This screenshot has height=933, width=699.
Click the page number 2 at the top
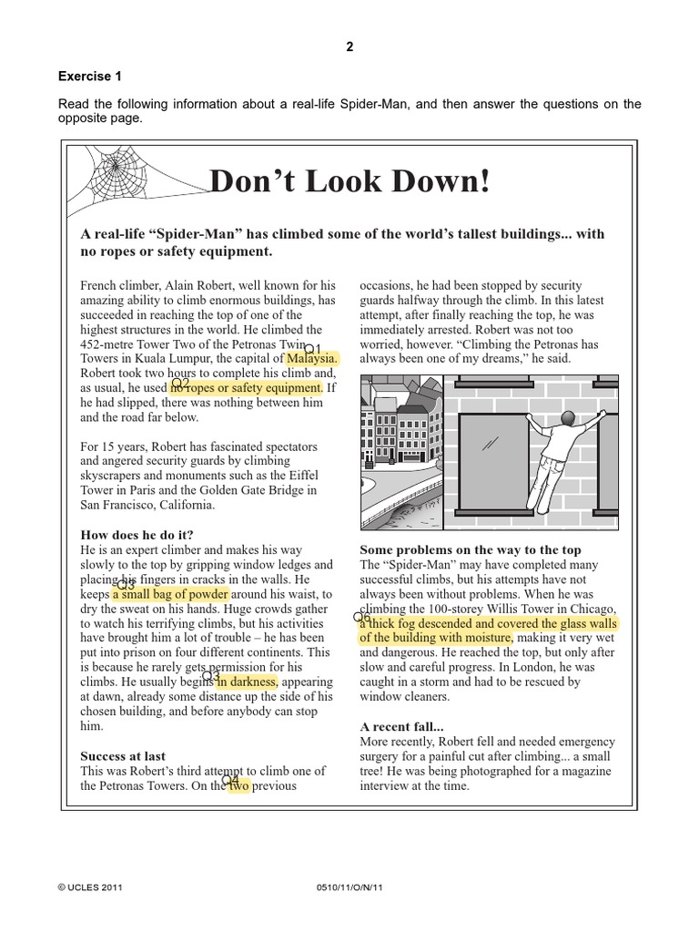[x=349, y=47]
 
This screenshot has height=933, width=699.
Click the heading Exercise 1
[x=90, y=77]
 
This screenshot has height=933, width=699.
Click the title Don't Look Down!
[x=349, y=181]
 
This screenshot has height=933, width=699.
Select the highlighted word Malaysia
[x=312, y=359]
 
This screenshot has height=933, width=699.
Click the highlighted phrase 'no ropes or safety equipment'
[x=247, y=388]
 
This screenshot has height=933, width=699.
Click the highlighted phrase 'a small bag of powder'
[x=171, y=594]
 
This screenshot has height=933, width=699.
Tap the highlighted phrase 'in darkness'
[x=247, y=682]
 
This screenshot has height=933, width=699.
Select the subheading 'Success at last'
[x=123, y=755]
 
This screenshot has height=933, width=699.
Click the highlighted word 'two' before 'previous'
[x=238, y=785]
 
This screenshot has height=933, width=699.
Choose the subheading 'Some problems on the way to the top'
[x=470, y=549]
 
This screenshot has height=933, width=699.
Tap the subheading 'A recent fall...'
[x=401, y=726]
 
